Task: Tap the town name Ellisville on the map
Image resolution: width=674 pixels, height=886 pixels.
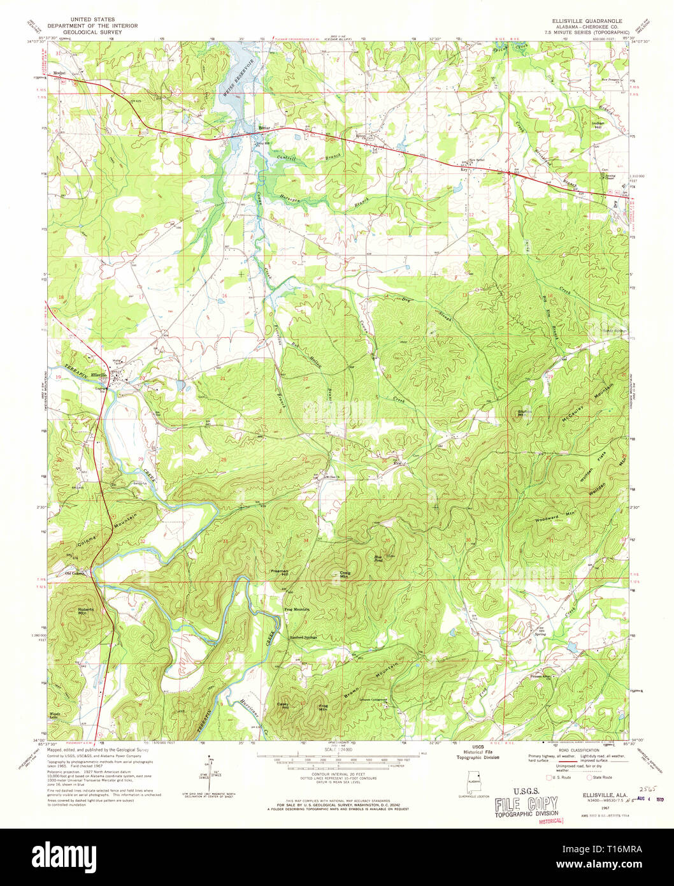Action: point(99,374)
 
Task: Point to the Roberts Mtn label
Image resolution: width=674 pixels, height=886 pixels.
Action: point(86,611)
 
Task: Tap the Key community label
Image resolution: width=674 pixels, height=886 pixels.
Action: point(464,170)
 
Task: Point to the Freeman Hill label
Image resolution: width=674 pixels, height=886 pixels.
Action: point(280,573)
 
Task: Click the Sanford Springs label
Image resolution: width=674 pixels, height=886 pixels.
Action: point(303,637)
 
